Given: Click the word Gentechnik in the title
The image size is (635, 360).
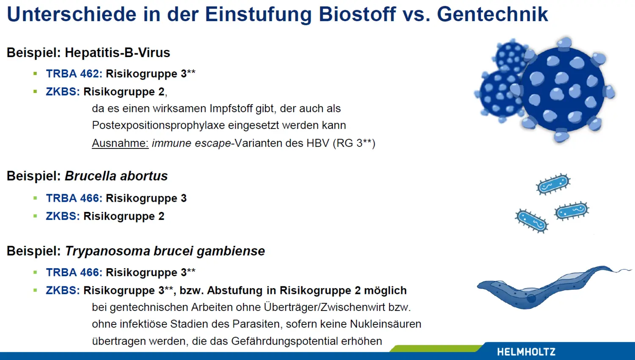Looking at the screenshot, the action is [x=492, y=14].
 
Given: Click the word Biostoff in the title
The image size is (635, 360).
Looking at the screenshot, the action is [x=357, y=14].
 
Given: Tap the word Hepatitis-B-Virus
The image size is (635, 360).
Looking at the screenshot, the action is [x=117, y=53].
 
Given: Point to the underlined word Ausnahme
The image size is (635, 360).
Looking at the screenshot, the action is [x=120, y=143].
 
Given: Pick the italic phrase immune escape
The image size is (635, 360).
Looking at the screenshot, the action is [x=191, y=143].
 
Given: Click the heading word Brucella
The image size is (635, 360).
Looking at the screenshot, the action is [x=91, y=176].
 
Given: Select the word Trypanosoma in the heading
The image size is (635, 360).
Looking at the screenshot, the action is [x=108, y=251].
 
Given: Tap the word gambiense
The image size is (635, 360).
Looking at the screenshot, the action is [x=231, y=251].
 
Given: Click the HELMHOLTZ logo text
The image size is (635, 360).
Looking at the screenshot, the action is [x=526, y=352].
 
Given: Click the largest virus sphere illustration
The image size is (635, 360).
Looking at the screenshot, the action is [x=563, y=90].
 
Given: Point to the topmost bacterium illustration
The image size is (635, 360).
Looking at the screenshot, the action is [x=553, y=184].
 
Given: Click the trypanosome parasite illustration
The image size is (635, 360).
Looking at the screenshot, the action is [x=553, y=287].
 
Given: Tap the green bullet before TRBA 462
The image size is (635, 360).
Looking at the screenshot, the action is [x=35, y=74].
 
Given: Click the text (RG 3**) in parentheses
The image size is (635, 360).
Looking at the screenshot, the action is [x=354, y=143].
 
